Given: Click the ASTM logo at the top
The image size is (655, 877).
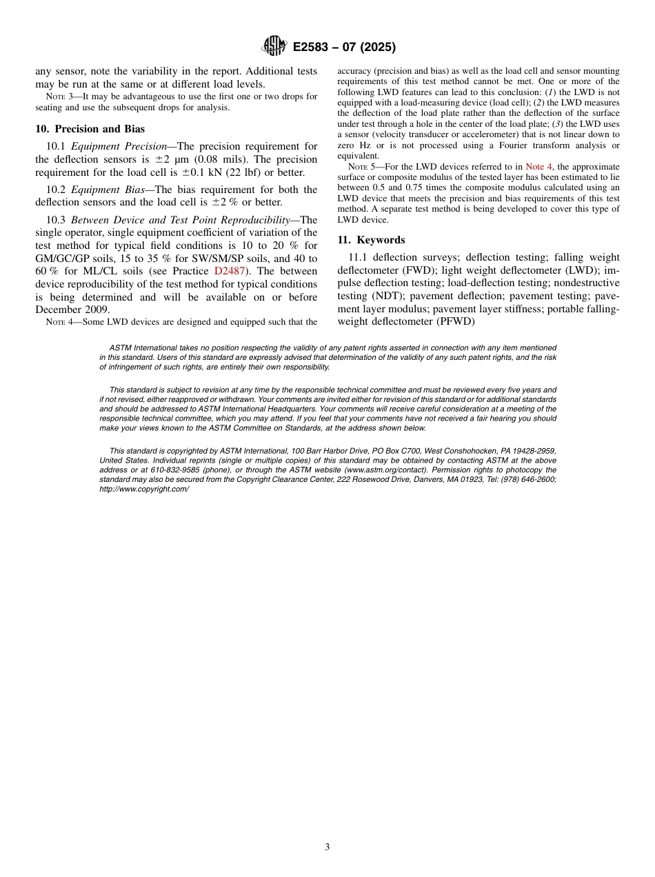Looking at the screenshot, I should click(274, 46).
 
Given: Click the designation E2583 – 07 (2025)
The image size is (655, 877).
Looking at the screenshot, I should click(344, 48).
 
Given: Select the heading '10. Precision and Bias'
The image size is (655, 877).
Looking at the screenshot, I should click(90, 129).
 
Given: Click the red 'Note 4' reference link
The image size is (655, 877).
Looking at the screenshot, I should click(538, 167).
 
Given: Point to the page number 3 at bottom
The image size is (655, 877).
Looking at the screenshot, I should click(327, 847).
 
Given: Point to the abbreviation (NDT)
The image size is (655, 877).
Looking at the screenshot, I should click(389, 296).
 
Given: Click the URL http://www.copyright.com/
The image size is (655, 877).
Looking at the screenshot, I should click(144, 489).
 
